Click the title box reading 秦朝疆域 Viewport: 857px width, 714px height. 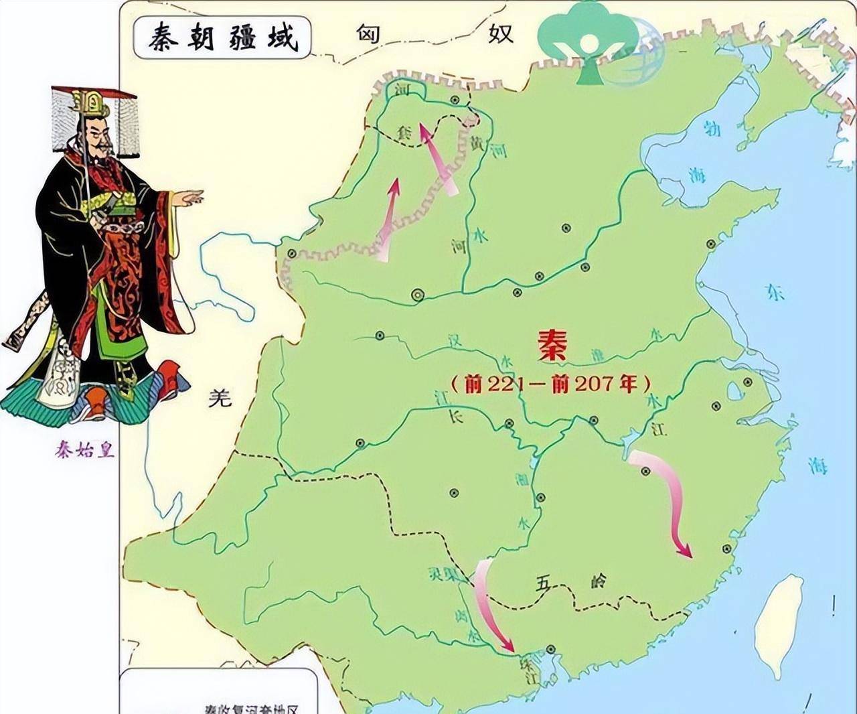coord(222,37)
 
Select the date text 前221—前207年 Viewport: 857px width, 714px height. coord(550,383)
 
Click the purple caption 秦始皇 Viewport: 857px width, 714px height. coord(85,449)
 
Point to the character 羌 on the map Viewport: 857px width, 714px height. coord(219,399)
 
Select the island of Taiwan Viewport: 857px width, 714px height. coord(779,626)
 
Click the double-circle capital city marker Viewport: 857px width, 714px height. coord(418,293)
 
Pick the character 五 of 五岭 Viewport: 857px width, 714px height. coord(543,583)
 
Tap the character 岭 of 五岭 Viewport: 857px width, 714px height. coord(598,581)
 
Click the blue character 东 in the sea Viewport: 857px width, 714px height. coord(775,293)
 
